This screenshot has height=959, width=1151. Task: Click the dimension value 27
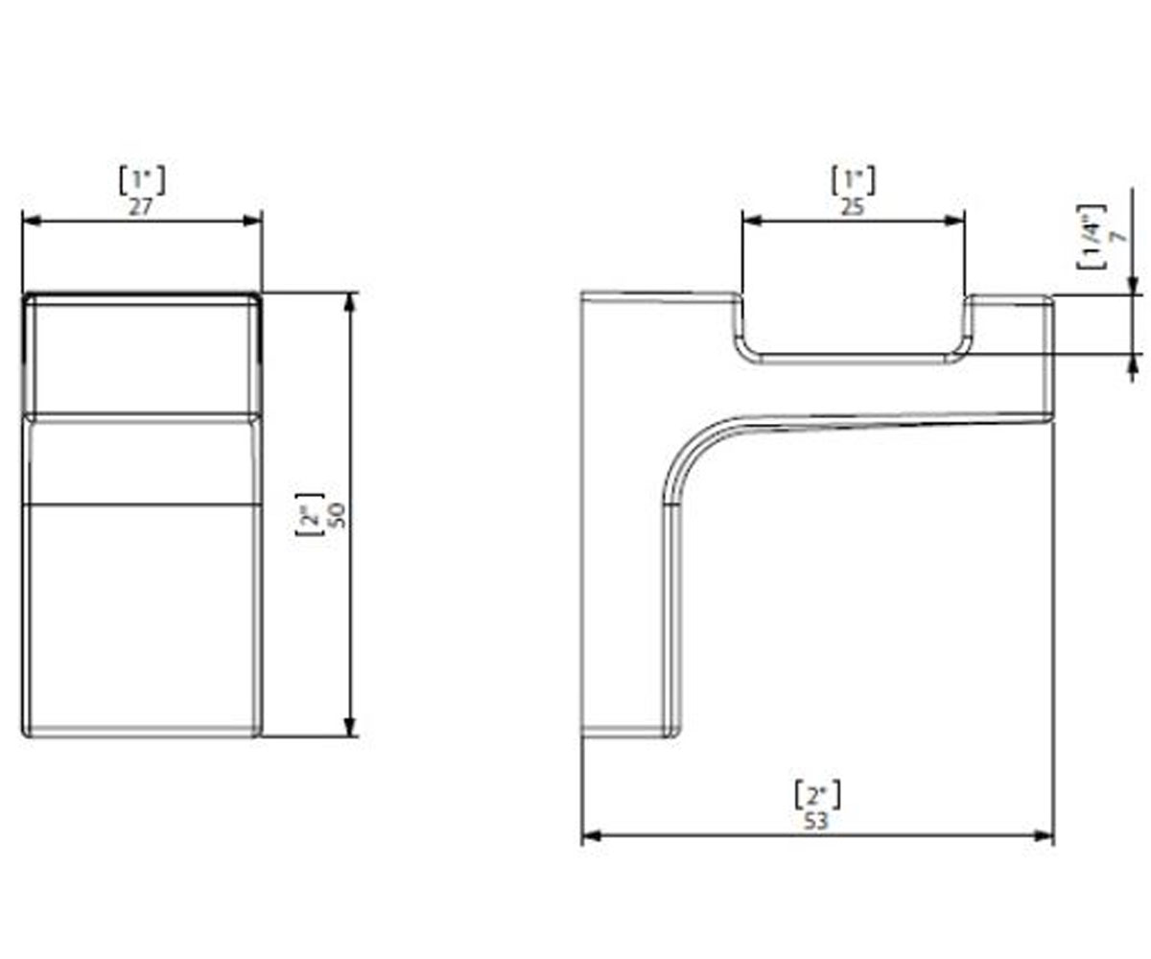click(x=141, y=207)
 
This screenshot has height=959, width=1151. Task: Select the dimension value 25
click(x=853, y=207)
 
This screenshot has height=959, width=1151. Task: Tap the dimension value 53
click(x=816, y=821)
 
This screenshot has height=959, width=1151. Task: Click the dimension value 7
click(x=1118, y=237)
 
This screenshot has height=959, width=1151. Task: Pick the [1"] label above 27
click(x=142, y=180)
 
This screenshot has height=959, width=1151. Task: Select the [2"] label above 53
click(x=817, y=795)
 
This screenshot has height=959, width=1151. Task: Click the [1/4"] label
click(x=1092, y=237)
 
